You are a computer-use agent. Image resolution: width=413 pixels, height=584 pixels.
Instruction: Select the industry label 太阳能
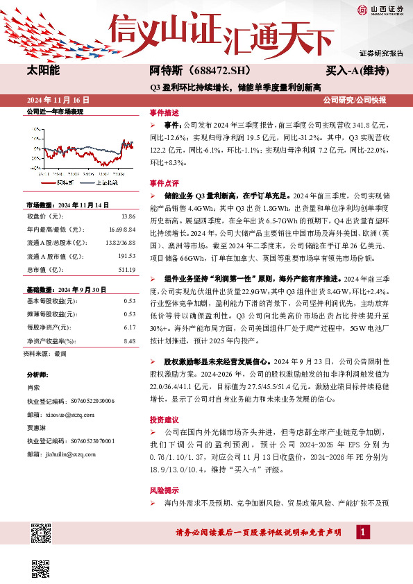click(x=43, y=71)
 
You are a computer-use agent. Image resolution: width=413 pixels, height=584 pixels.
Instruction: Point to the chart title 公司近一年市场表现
click(x=54, y=112)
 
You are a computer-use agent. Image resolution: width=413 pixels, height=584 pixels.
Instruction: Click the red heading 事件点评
click(x=165, y=184)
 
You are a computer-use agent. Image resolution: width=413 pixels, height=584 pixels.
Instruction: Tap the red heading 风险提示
click(x=165, y=489)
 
